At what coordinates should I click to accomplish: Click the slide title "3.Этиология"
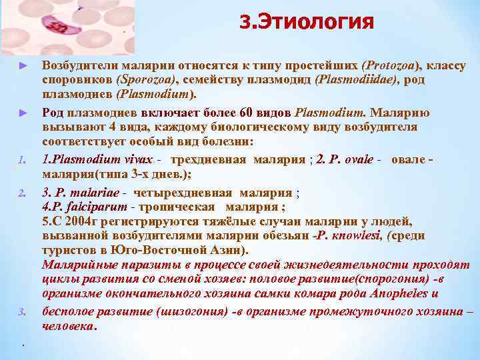point(306,23)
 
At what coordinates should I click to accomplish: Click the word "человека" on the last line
point(69,327)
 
